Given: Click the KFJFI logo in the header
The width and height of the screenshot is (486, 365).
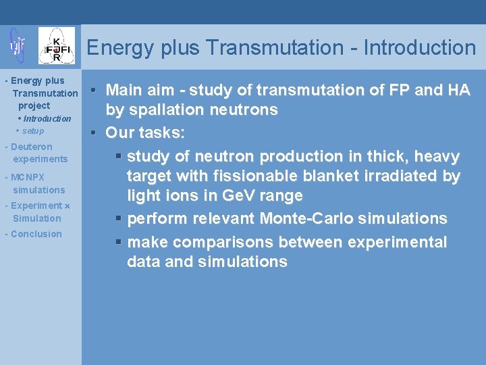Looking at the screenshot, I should coord(57,46).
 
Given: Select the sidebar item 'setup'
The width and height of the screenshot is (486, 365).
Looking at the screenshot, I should coord(32,131).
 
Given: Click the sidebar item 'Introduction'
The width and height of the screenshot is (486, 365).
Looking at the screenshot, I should coord(47,119).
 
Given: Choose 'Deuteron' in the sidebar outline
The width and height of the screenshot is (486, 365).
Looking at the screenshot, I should coord(32,147).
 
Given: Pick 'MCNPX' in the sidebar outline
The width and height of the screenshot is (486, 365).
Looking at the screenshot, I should coord(28,178).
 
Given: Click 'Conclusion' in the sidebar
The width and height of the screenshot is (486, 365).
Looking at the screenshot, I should coord(36,234).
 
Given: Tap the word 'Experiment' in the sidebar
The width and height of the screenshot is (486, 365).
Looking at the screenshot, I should coord(36,205).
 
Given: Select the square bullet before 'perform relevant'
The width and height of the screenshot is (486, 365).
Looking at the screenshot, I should coord(118,219).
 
